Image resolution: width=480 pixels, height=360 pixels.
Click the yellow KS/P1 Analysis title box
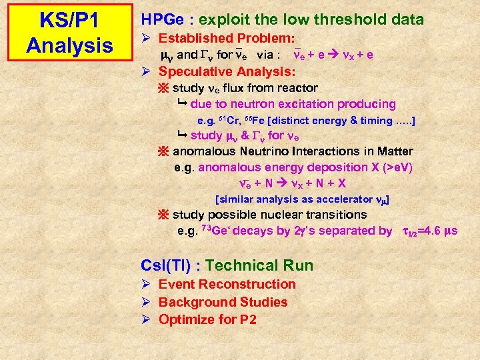pyautogui.click(x=69, y=33)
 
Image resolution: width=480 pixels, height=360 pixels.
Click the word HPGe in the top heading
pyautogui.click(x=161, y=20)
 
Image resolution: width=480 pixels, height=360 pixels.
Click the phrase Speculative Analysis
pyautogui.click(x=227, y=71)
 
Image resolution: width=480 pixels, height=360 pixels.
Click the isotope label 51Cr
pyautogui.click(x=231, y=121)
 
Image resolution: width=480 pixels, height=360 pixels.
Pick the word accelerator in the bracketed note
pyautogui.click(x=343, y=199)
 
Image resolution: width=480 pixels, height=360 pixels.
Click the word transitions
pyautogui.click(x=333, y=215)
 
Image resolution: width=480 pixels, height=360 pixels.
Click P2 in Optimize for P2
pyautogui.click(x=247, y=319)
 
